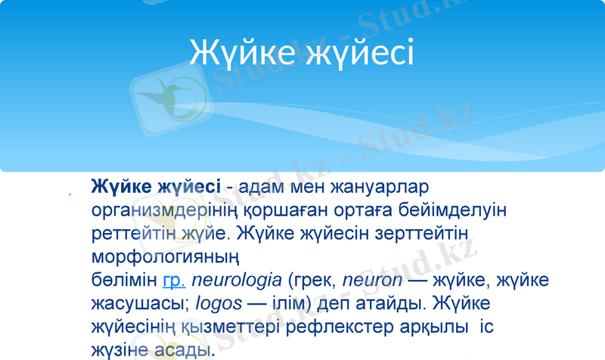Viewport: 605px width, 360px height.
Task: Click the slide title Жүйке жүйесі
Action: [x=302, y=52]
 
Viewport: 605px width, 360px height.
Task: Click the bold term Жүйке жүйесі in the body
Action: [x=155, y=186]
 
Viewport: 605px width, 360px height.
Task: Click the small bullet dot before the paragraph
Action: [x=70, y=196]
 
